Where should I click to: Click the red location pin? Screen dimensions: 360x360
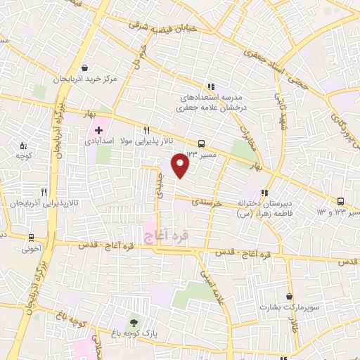click(x=181, y=165)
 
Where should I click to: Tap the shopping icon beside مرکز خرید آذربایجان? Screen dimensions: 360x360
click(x=85, y=68)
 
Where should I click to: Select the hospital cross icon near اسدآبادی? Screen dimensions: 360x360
click(x=99, y=131)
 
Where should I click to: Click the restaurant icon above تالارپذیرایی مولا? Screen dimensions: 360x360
click(x=146, y=130)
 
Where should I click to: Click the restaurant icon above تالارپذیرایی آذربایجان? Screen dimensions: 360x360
click(x=44, y=191)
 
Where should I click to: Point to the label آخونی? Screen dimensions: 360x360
click(x=31, y=248)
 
